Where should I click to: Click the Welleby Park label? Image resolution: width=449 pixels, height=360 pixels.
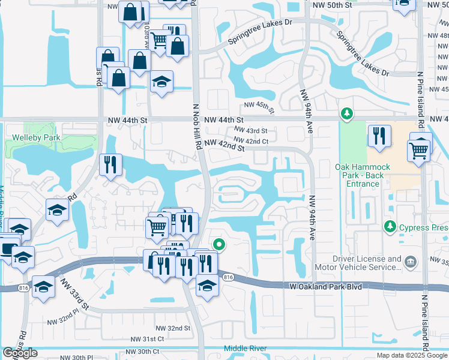tap(34, 137)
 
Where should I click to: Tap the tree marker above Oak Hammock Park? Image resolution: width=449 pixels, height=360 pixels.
tap(346, 113)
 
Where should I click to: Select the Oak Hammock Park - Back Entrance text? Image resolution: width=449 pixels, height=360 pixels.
tap(363, 175)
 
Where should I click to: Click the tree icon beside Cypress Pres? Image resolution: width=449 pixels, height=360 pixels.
tap(390, 227)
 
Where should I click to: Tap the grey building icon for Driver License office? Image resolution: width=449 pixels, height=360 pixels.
tap(411, 261)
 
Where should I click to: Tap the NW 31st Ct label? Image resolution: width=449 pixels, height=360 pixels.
tap(145, 339)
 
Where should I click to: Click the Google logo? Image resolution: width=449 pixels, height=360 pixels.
tap(20, 353)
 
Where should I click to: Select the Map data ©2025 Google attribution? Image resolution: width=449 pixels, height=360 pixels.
tap(412, 355)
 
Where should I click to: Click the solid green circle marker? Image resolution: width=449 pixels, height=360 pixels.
tap(220, 244)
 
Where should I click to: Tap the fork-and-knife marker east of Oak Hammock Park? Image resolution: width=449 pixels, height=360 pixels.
tap(379, 136)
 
